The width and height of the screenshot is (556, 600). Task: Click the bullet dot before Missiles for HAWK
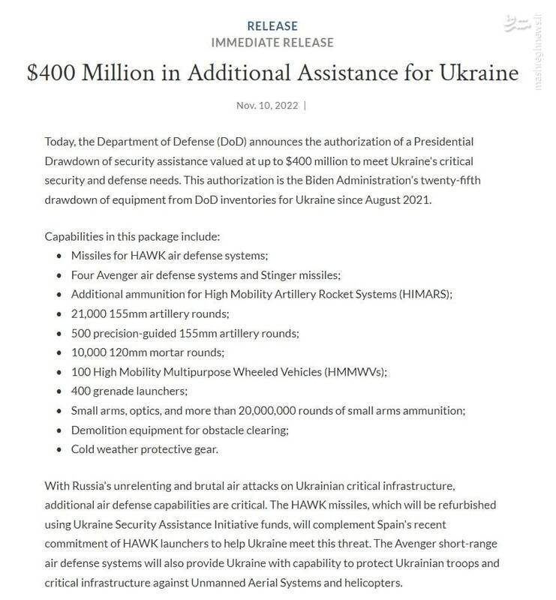tap(59, 254)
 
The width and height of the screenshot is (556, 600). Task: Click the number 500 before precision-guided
tap(81, 332)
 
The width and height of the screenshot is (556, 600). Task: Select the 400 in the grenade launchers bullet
tap(81, 391)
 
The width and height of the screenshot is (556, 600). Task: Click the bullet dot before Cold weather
tap(59, 449)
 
